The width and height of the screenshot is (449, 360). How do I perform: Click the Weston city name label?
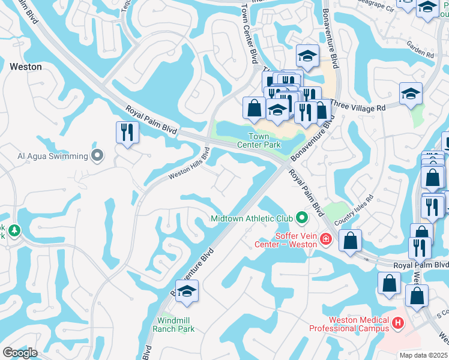(26, 67)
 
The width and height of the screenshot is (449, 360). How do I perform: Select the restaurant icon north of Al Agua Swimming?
(127, 132)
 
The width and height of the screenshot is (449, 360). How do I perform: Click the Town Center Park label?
(259, 140)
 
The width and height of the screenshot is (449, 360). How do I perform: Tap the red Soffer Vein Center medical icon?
(326, 240)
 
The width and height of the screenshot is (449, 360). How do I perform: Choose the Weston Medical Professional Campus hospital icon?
(397, 324)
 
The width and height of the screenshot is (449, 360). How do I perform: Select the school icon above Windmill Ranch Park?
(187, 291)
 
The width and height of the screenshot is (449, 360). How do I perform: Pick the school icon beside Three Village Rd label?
(411, 94)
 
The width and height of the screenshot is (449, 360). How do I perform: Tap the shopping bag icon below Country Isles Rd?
(351, 241)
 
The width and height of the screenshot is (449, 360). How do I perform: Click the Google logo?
(20, 353)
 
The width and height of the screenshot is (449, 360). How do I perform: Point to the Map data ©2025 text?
(424, 355)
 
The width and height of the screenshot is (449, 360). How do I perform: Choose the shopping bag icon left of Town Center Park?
(255, 108)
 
